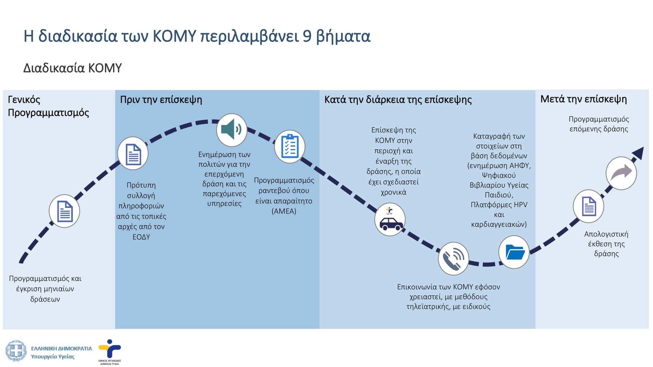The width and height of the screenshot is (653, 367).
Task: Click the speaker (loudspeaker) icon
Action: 232,130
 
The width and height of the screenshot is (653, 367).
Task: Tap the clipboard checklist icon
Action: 290,146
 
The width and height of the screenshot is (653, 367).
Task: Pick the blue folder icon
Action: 514,252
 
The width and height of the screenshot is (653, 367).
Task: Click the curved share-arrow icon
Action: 621,173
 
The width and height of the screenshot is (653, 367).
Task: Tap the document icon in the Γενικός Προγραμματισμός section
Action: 64,211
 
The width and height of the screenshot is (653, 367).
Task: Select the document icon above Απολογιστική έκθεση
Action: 588,206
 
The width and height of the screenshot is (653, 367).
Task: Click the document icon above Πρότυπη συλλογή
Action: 133,154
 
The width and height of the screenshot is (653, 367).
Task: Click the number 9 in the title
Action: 307,36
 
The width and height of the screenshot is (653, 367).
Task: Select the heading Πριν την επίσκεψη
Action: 161,100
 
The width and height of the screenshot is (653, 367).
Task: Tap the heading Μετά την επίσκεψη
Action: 583,99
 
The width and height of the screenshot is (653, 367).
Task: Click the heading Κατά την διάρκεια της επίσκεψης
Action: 398,100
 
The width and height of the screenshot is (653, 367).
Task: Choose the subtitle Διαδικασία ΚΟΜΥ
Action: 73,68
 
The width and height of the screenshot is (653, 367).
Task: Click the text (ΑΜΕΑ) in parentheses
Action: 284,211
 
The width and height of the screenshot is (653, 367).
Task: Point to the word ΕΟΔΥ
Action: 141,237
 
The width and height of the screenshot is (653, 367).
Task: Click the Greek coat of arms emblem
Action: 16,350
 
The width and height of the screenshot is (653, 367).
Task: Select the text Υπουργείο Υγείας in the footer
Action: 53,356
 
